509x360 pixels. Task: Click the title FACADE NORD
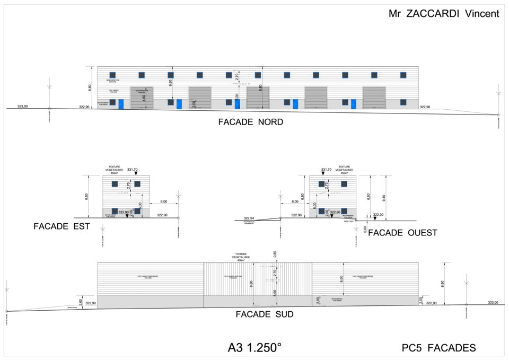(x=250, y=122)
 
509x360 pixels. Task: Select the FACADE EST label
(x=62, y=226)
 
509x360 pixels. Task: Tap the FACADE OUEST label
(x=402, y=233)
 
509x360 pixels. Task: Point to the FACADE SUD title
(x=265, y=314)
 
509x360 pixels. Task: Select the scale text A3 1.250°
(x=254, y=348)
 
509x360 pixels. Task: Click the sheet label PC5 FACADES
(x=438, y=348)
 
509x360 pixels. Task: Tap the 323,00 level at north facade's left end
(x=23, y=107)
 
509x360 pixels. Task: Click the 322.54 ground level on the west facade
(x=249, y=218)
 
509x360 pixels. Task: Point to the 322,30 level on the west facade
(x=379, y=215)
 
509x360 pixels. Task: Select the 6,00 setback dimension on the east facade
(x=164, y=201)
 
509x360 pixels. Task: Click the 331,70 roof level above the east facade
(x=132, y=170)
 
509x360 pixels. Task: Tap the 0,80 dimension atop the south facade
(x=275, y=253)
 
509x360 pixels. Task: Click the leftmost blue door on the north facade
(x=121, y=104)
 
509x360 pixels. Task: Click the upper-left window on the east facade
(x=113, y=184)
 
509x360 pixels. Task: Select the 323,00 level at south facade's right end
(x=493, y=302)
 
